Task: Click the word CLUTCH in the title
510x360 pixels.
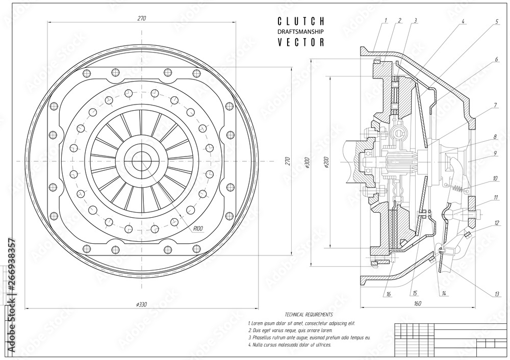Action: coord(301,21)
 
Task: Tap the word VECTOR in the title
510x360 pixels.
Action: coord(301,43)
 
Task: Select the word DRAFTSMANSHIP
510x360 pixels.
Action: coord(301,32)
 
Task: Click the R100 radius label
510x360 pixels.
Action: coord(198,228)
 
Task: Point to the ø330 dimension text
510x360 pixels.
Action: coord(141,304)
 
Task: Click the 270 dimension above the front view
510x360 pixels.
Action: coord(141,18)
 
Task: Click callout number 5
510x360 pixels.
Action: coord(496,22)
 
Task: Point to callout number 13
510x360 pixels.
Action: coord(496,293)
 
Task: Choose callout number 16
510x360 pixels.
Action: coord(389,294)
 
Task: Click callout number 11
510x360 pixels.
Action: coord(496,197)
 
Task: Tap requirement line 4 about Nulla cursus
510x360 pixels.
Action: coord(289,345)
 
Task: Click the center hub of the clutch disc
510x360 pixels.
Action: coord(142,161)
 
